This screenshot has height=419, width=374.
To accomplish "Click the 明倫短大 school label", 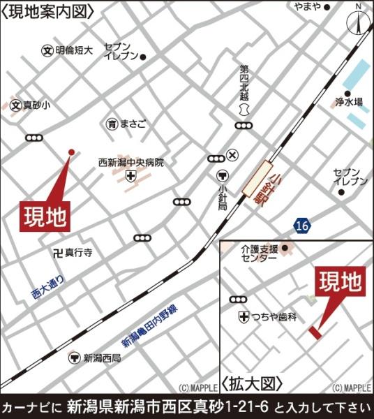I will point(74,50).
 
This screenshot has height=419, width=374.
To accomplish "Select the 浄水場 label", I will point(349,102).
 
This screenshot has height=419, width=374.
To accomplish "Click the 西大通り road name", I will point(47,288).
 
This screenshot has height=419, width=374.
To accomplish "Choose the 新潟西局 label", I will point(102,358).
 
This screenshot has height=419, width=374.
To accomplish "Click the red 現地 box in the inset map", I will point(341,283).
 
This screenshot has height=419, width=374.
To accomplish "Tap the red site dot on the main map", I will point(70,151).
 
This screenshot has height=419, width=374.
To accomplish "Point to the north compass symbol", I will point(359,21).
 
